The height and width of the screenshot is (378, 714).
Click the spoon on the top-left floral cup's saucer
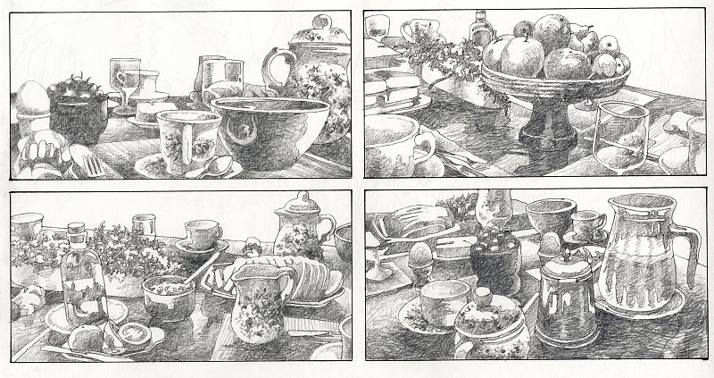[214, 167]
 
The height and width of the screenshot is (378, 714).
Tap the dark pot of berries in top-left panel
[78, 112]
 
